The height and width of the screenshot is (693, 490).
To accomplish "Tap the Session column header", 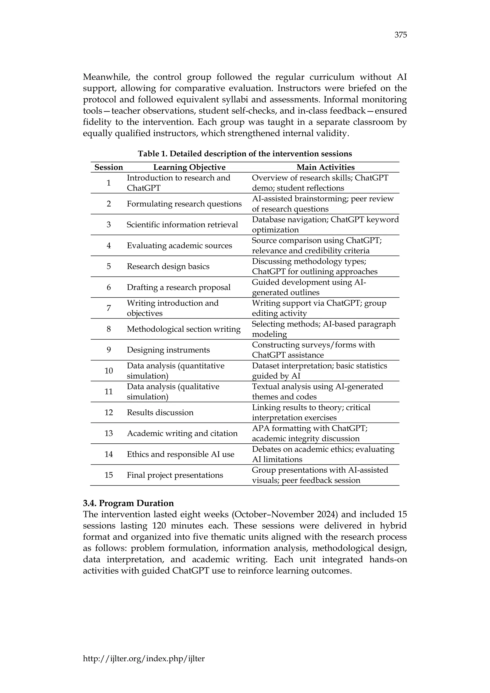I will tap(109, 167).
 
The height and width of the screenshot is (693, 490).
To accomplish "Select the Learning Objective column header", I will tap(189, 167).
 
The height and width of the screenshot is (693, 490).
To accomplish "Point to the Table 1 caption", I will tap(245, 154).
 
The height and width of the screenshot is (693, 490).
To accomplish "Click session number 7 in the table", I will tap(109, 308).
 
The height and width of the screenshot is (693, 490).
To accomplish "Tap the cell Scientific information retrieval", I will tap(182, 224).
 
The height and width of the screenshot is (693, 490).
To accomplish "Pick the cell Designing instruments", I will tap(168, 350).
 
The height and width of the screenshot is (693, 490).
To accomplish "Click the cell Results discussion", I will tap(160, 412).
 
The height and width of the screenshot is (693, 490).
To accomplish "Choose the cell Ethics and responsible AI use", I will tap(180, 454).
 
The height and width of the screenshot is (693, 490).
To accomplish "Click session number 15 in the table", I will tap(109, 475).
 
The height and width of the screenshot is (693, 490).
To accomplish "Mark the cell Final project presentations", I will tap(175, 475).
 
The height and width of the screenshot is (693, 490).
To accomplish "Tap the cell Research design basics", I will tap(168, 266).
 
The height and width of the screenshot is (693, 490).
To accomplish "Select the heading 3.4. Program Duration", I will tap(128, 503).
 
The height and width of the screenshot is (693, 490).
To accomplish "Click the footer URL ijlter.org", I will tap(144, 658).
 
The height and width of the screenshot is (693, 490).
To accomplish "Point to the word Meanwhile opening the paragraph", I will tap(106, 77).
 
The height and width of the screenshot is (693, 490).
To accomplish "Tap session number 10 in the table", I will tap(109, 371).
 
